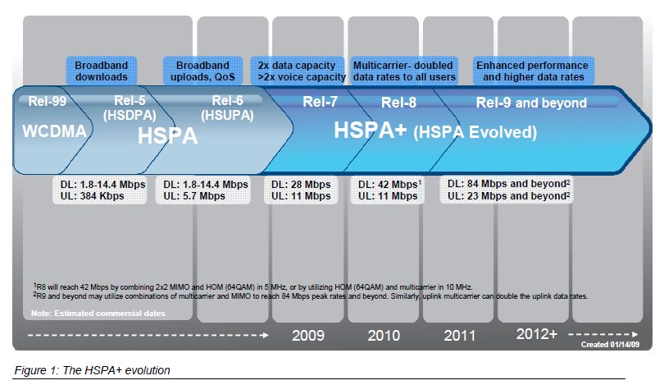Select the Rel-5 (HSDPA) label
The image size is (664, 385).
coord(125,108)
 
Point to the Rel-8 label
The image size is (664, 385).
coord(400,103)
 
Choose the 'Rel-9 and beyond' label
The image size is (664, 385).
coord(531,103)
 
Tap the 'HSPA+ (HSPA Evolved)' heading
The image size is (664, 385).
coord(434,131)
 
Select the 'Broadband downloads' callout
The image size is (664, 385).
coord(102,71)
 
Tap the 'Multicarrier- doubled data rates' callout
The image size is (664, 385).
coord(403,71)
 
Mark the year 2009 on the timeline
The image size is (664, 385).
coord(308,335)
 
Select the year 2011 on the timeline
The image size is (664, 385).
coord(460,335)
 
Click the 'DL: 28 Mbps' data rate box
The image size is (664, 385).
coord(301,190)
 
